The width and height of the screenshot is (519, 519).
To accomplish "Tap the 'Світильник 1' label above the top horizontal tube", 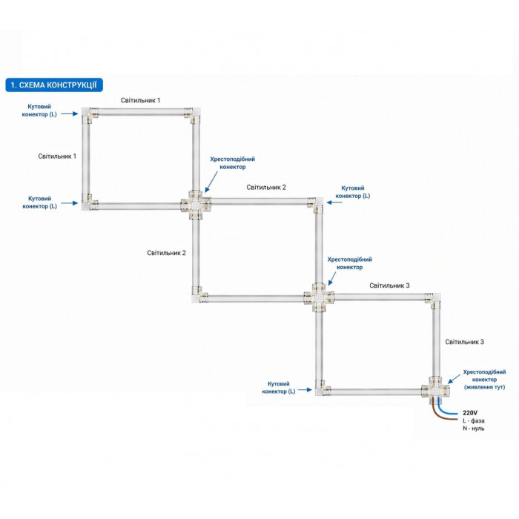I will (x=141, y=100).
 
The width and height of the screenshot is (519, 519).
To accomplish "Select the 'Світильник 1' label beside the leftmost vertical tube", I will (x=58, y=156).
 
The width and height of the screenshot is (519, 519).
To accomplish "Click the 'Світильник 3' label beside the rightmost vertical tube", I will (x=465, y=342).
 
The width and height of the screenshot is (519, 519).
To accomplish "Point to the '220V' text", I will (x=470, y=411).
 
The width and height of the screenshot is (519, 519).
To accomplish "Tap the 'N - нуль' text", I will (x=474, y=429).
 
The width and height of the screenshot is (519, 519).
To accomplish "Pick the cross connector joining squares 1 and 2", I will (x=196, y=203).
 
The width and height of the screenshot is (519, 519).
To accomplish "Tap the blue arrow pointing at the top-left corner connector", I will (x=69, y=114).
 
